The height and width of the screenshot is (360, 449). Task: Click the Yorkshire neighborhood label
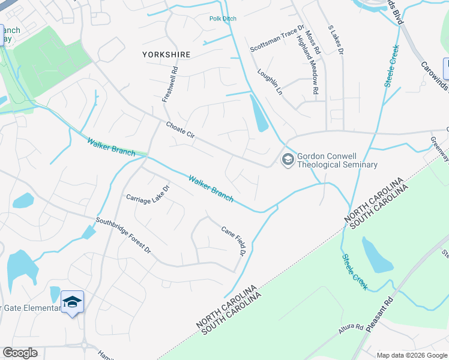tap(166, 55)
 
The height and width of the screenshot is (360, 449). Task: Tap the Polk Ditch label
tap(223, 19)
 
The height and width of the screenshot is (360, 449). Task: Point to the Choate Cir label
tap(181, 130)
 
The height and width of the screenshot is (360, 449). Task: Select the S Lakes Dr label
tap(335, 40)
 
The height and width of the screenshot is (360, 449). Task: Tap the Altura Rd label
tap(351, 328)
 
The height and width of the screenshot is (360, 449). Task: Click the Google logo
tap(20, 353)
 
